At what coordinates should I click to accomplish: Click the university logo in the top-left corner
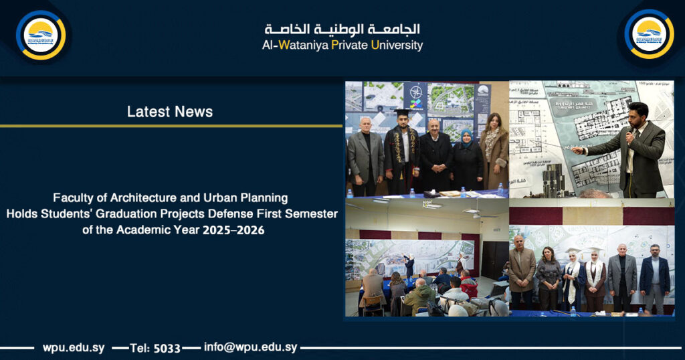41,35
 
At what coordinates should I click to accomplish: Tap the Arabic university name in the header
342,29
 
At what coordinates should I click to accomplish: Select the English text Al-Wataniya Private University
342,46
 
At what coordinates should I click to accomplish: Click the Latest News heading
170,112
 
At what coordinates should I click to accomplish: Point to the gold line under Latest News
171,125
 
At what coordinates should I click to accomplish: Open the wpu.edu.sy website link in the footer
73,347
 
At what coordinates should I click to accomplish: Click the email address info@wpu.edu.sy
250,347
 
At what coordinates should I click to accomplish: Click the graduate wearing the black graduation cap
401,147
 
